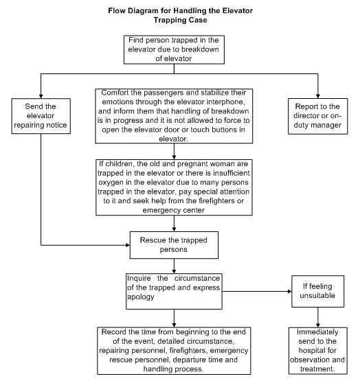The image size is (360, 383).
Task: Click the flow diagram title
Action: [x=180, y=15]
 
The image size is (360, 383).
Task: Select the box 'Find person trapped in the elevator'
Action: [x=174, y=49]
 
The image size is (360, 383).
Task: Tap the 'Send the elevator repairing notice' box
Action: [x=41, y=116]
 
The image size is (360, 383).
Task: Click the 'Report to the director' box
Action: [x=317, y=116]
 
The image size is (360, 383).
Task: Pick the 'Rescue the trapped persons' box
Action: [x=174, y=245]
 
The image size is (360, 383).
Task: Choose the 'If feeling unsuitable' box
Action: [x=317, y=291]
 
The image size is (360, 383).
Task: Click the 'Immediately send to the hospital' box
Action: [x=317, y=351]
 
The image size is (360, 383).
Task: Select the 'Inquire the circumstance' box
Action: [x=174, y=291]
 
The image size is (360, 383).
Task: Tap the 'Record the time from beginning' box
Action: [x=174, y=351]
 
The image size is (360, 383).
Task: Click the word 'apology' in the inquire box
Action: [x=141, y=297]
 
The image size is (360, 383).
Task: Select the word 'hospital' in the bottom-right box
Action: [x=317, y=350]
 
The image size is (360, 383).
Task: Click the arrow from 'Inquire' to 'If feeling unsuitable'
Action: [x=257, y=291]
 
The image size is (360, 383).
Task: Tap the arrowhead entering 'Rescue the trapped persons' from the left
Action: [x=128, y=245]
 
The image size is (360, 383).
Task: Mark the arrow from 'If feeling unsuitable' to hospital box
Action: [x=318, y=317]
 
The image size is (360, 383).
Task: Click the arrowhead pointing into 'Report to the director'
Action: [x=318, y=96]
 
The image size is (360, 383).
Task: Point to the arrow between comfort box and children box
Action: [x=174, y=151]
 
